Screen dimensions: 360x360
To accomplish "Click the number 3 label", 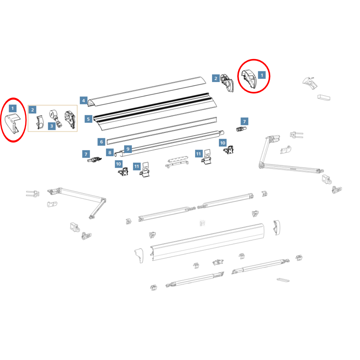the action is [x=51, y=126].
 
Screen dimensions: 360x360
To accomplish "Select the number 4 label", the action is [x=84, y=100].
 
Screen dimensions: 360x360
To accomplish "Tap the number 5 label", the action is [x=89, y=119].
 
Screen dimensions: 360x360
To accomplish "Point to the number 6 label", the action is [x=102, y=141].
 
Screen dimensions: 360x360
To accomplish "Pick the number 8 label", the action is [x=110, y=152].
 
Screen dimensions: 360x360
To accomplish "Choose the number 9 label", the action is [x=128, y=149].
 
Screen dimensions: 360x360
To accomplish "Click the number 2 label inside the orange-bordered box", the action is [x=32, y=110].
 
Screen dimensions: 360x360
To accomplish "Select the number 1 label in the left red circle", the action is [x=13, y=108].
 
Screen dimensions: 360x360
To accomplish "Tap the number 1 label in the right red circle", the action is [x=262, y=75].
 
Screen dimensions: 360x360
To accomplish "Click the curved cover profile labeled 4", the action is [x=147, y=92].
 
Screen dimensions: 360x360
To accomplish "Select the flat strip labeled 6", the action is [x=162, y=131].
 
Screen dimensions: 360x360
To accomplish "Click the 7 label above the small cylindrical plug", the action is [x=244, y=121].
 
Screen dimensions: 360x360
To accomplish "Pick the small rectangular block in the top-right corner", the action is [x=324, y=97].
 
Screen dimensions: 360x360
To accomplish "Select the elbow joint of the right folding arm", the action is [x=261, y=165].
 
